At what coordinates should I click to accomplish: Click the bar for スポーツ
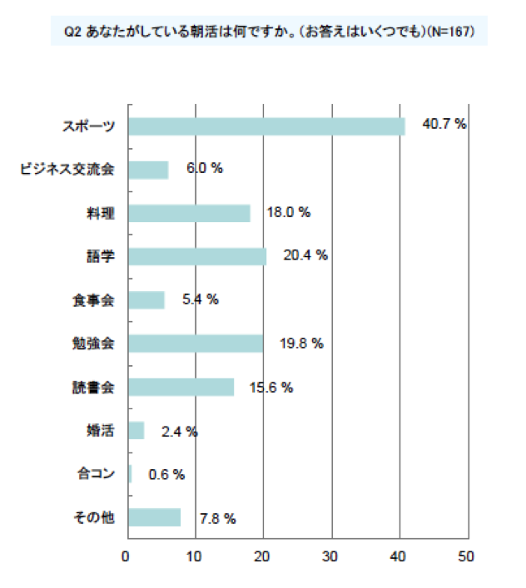(266, 126)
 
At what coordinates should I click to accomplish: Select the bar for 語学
(197, 256)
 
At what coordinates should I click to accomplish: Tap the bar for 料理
(189, 213)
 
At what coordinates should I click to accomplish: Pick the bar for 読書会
(181, 388)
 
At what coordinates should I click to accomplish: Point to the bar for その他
(155, 517)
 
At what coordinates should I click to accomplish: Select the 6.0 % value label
(205, 168)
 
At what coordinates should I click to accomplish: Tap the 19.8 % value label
(300, 343)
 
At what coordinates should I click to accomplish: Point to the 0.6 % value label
(166, 474)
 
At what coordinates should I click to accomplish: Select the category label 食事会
(93, 299)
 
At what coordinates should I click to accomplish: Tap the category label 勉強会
(93, 343)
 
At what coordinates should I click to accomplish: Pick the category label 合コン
(94, 474)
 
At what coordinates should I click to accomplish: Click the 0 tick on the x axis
(127, 555)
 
